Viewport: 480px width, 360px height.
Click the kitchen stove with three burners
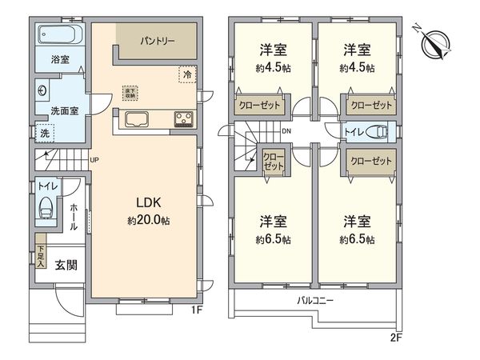click(182, 121)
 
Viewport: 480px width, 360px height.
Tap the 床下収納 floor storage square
click(129, 92)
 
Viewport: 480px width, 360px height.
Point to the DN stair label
click(286, 132)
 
